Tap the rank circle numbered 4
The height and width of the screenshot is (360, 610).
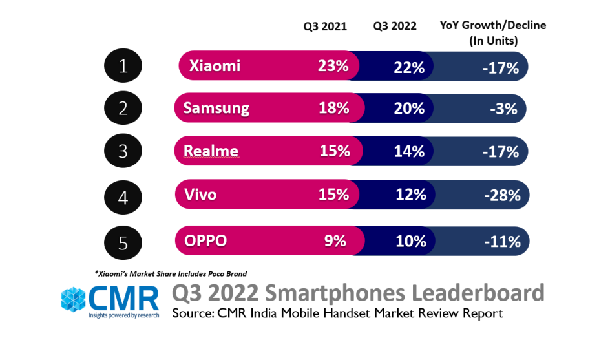tap(124, 196)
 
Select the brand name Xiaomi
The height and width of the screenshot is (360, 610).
tap(215, 66)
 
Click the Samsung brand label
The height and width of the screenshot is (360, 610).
tap(216, 108)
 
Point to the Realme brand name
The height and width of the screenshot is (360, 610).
tap(211, 151)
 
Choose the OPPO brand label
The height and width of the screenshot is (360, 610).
tap(205, 241)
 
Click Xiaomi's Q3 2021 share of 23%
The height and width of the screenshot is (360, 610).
tap(333, 66)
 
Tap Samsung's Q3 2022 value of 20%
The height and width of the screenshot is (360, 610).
tap(408, 109)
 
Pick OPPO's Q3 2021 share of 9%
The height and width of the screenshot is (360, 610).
tap(335, 241)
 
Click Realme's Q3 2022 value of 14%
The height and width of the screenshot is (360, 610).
tap(409, 152)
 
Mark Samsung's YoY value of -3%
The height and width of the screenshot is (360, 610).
tap(503, 109)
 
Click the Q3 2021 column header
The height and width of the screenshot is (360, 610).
tap(326, 26)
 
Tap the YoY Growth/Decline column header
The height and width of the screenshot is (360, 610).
tap(493, 32)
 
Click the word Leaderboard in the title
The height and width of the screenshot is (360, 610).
tap(475, 293)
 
